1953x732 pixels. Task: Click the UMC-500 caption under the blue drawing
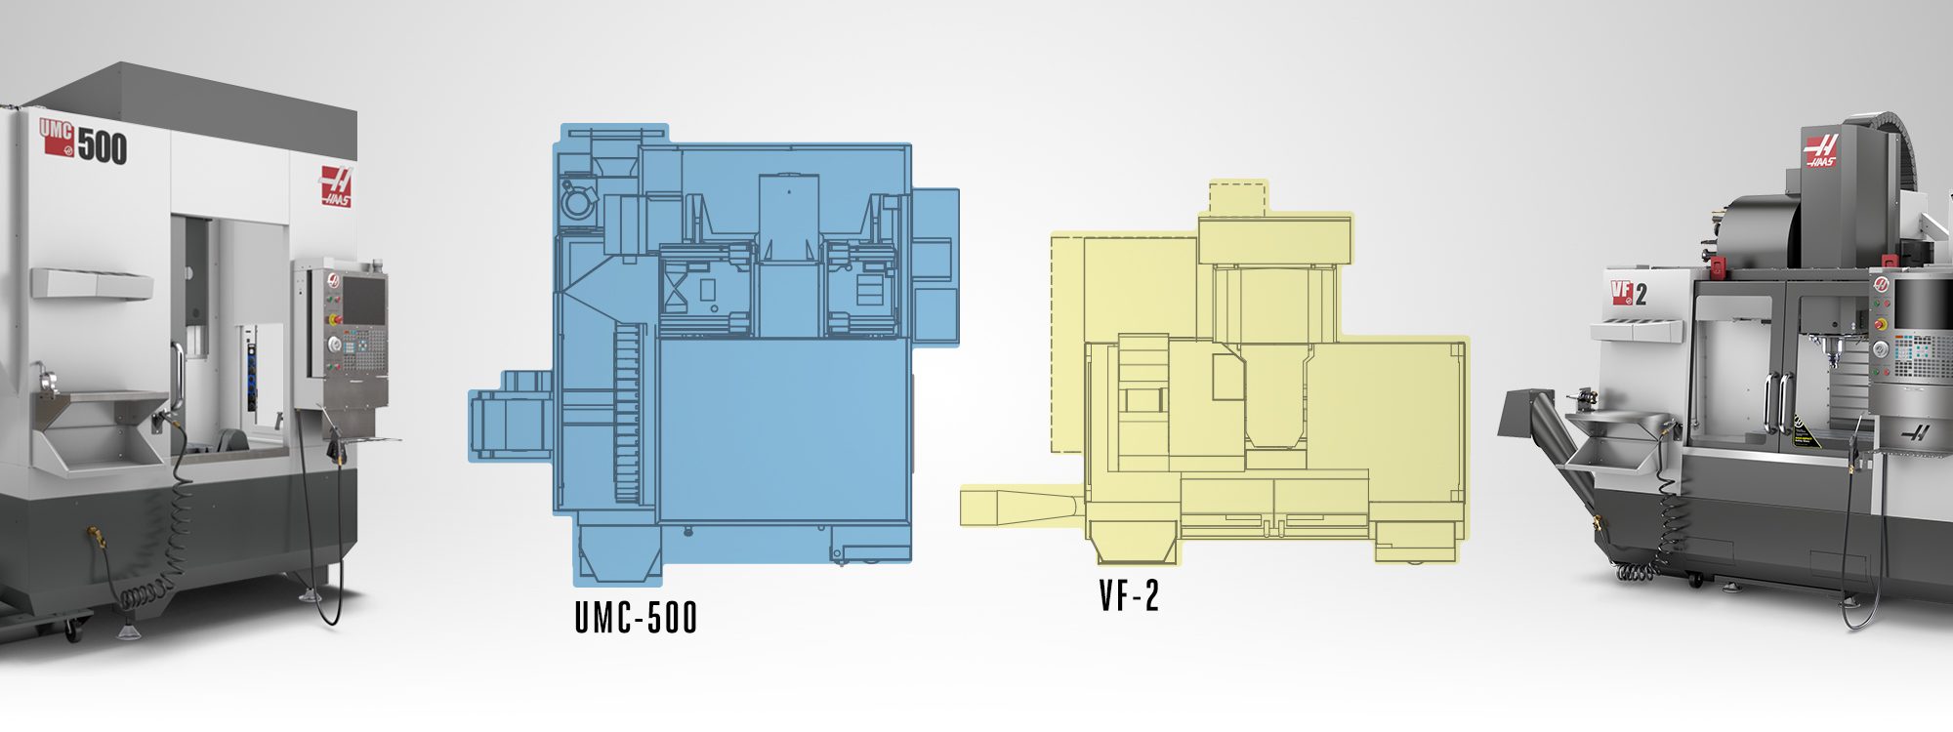click(636, 617)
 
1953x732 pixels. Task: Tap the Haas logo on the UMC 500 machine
click(336, 185)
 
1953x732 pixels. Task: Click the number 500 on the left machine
click(103, 146)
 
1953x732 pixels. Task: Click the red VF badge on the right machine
click(1622, 292)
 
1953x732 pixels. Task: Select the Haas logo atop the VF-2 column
click(1820, 150)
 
